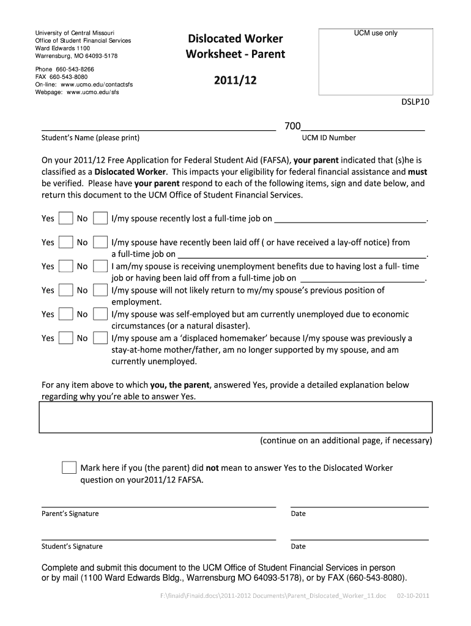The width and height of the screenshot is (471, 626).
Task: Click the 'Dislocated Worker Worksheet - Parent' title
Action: [x=236, y=46]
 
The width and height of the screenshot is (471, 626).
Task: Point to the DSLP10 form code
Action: [x=416, y=103]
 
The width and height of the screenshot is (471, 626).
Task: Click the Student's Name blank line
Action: [x=158, y=128]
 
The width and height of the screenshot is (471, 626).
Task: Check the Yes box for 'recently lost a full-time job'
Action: [x=65, y=219]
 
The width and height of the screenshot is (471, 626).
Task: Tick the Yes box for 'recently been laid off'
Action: [x=65, y=243]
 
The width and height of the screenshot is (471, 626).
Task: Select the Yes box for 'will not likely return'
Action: [x=65, y=290]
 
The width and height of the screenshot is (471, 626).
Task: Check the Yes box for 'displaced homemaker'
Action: [x=65, y=338]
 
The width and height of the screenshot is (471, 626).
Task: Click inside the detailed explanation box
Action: [x=236, y=417]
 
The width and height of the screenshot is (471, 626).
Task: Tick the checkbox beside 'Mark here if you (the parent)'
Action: [x=69, y=468]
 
